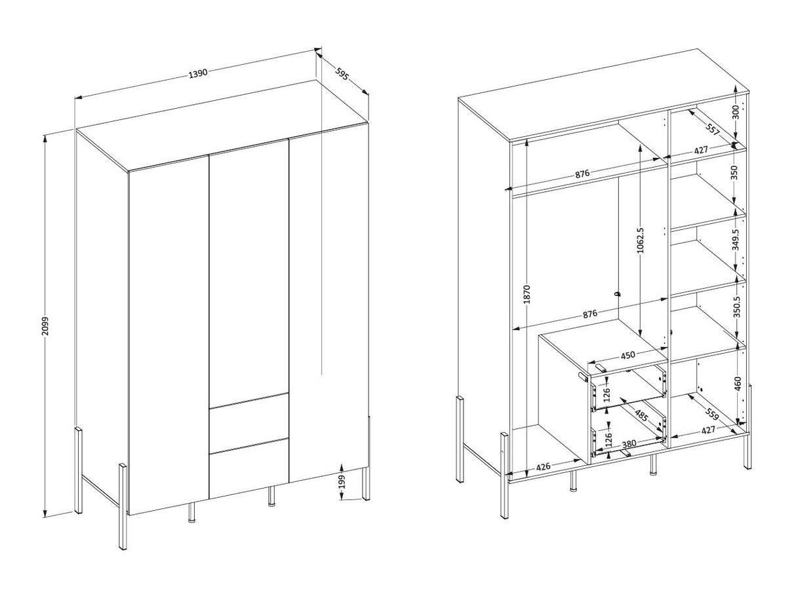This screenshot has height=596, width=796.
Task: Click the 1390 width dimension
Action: pyautogui.click(x=198, y=73)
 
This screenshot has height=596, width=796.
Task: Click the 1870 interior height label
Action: pyautogui.click(x=527, y=294)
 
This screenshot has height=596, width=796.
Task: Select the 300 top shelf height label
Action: pyautogui.click(x=735, y=112)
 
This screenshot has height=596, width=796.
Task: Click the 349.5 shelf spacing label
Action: pyautogui.click(x=735, y=239)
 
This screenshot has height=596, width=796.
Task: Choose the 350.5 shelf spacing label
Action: pyautogui.click(x=736, y=307)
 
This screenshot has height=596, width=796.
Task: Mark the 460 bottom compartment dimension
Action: pyautogui.click(x=738, y=384)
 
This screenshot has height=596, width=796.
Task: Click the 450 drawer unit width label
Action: pyautogui.click(x=627, y=355)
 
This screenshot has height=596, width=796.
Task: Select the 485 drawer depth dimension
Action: pyautogui.click(x=641, y=415)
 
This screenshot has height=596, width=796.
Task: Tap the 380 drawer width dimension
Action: pyautogui.click(x=629, y=444)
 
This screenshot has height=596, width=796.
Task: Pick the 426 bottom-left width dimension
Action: pyautogui.click(x=544, y=467)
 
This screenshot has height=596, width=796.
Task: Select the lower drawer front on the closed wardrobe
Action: pyautogui.click(x=249, y=468)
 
